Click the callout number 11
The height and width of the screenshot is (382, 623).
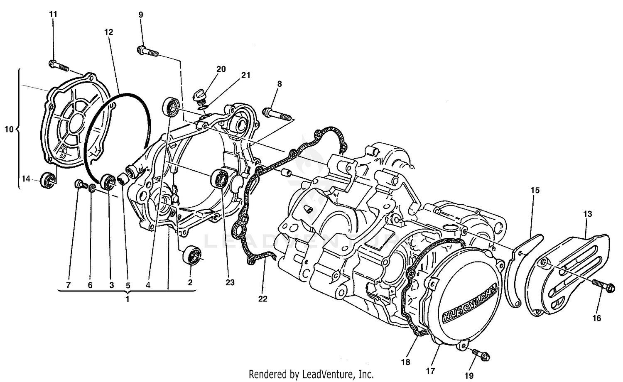53,14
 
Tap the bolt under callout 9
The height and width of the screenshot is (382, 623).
147,52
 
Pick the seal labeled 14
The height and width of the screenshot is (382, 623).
47,181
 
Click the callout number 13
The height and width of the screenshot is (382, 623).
587,214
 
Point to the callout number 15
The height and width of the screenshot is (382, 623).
535,190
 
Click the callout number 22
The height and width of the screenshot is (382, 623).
263,299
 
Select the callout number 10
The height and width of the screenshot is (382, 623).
9,130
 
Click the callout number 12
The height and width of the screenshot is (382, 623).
109,32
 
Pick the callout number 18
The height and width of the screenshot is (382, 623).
406,362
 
